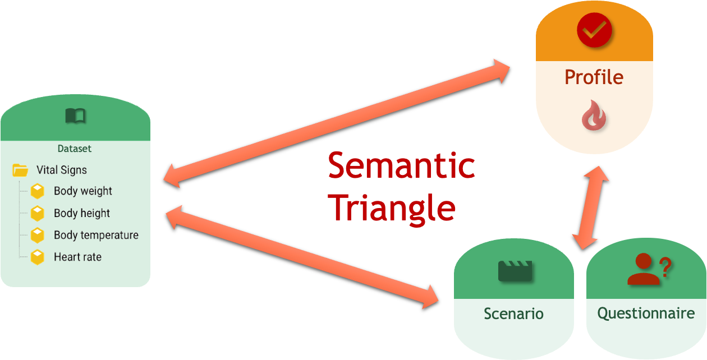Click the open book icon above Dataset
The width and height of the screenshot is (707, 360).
76,116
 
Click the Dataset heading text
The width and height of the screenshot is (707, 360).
74,149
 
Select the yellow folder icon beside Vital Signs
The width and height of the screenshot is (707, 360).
20,170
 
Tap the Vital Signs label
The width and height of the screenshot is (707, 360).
62,170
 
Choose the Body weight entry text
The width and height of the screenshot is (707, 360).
83,191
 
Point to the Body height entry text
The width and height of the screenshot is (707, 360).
82,213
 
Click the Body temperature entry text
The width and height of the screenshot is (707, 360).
96,235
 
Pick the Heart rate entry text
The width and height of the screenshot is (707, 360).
77,257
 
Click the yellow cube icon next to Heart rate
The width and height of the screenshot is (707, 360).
37,257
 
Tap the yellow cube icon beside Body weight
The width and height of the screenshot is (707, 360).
37,191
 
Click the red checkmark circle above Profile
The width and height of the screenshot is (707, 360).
594,30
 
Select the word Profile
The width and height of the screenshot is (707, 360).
594,77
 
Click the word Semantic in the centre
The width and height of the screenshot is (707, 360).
401,166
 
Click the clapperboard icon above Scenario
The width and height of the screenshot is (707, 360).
514,271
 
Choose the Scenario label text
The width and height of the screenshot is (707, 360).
513,313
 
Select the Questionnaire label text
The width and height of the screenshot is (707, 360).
646,313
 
